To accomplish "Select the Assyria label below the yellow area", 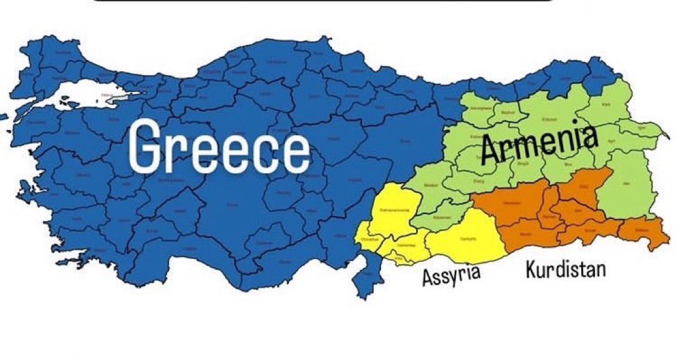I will click(452, 276).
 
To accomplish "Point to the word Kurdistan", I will click(565, 270).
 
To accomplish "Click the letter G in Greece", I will click(148, 149).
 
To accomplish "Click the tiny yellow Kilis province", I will click(399, 258).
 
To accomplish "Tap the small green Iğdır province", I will click(641, 127).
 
